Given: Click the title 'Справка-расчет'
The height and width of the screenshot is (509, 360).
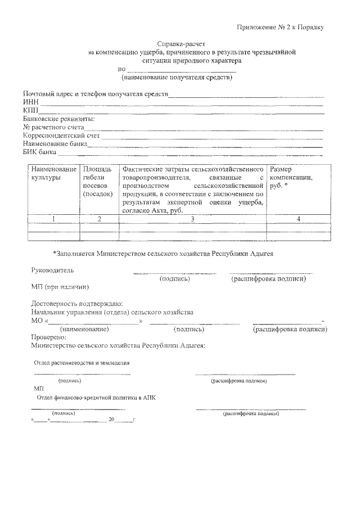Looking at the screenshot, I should click(x=179, y=43).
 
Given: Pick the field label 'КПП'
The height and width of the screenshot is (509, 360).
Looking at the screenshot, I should click(x=30, y=110).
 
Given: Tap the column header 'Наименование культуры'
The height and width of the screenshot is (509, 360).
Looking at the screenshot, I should click(x=53, y=173).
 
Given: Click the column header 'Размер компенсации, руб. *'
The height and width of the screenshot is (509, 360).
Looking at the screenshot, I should click(x=291, y=177).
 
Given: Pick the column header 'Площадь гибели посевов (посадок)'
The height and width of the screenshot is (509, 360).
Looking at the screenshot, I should click(x=98, y=181).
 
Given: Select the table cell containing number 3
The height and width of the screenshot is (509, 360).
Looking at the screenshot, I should click(x=192, y=219).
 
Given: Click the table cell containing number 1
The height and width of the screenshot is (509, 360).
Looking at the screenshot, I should click(x=53, y=219).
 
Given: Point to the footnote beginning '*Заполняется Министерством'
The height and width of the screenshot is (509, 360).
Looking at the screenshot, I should click(x=163, y=254).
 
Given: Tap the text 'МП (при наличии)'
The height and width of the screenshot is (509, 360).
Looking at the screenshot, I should click(x=60, y=287).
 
